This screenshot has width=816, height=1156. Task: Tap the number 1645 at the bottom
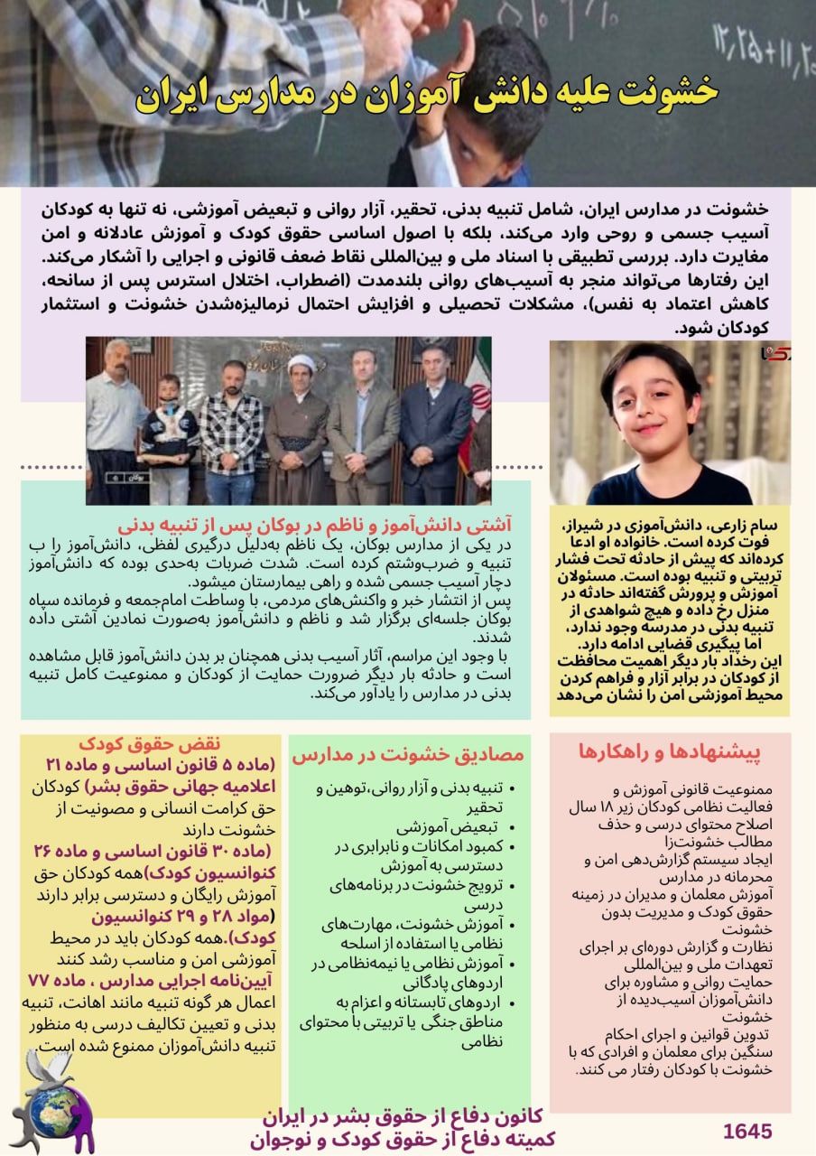point(747,1132)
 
